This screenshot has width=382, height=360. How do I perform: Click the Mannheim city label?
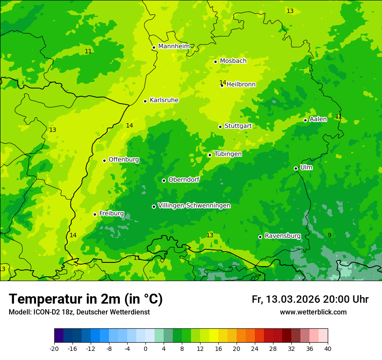(x=174, y=46)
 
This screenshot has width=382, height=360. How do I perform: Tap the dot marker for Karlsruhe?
(x=145, y=101)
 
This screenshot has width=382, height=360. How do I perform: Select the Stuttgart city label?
(x=238, y=126)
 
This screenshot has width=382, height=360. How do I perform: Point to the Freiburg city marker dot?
(x=95, y=214)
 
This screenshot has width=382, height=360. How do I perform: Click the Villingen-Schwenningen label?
(x=194, y=206)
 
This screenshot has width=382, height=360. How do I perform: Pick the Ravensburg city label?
(x=283, y=236)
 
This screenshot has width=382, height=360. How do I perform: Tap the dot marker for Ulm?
(x=296, y=168)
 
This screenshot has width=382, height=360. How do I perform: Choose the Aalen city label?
(x=318, y=119)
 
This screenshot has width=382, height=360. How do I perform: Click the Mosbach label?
(x=233, y=61)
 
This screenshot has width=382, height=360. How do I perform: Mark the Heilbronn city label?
(x=241, y=85)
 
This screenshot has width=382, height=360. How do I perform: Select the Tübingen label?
(x=228, y=154)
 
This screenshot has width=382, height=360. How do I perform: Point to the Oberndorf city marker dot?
(x=164, y=180)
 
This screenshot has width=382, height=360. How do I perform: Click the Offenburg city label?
(x=124, y=160)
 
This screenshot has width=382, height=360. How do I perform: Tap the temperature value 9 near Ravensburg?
(x=329, y=235)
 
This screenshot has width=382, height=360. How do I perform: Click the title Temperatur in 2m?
(x=86, y=299)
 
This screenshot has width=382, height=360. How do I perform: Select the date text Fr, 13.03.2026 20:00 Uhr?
(x=310, y=299)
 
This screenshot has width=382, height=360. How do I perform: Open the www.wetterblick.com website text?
(x=313, y=312)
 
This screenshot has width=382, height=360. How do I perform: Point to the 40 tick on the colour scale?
(x=327, y=348)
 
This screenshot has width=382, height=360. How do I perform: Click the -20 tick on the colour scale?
(x=54, y=348)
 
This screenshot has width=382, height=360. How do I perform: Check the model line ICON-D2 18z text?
(x=79, y=312)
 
